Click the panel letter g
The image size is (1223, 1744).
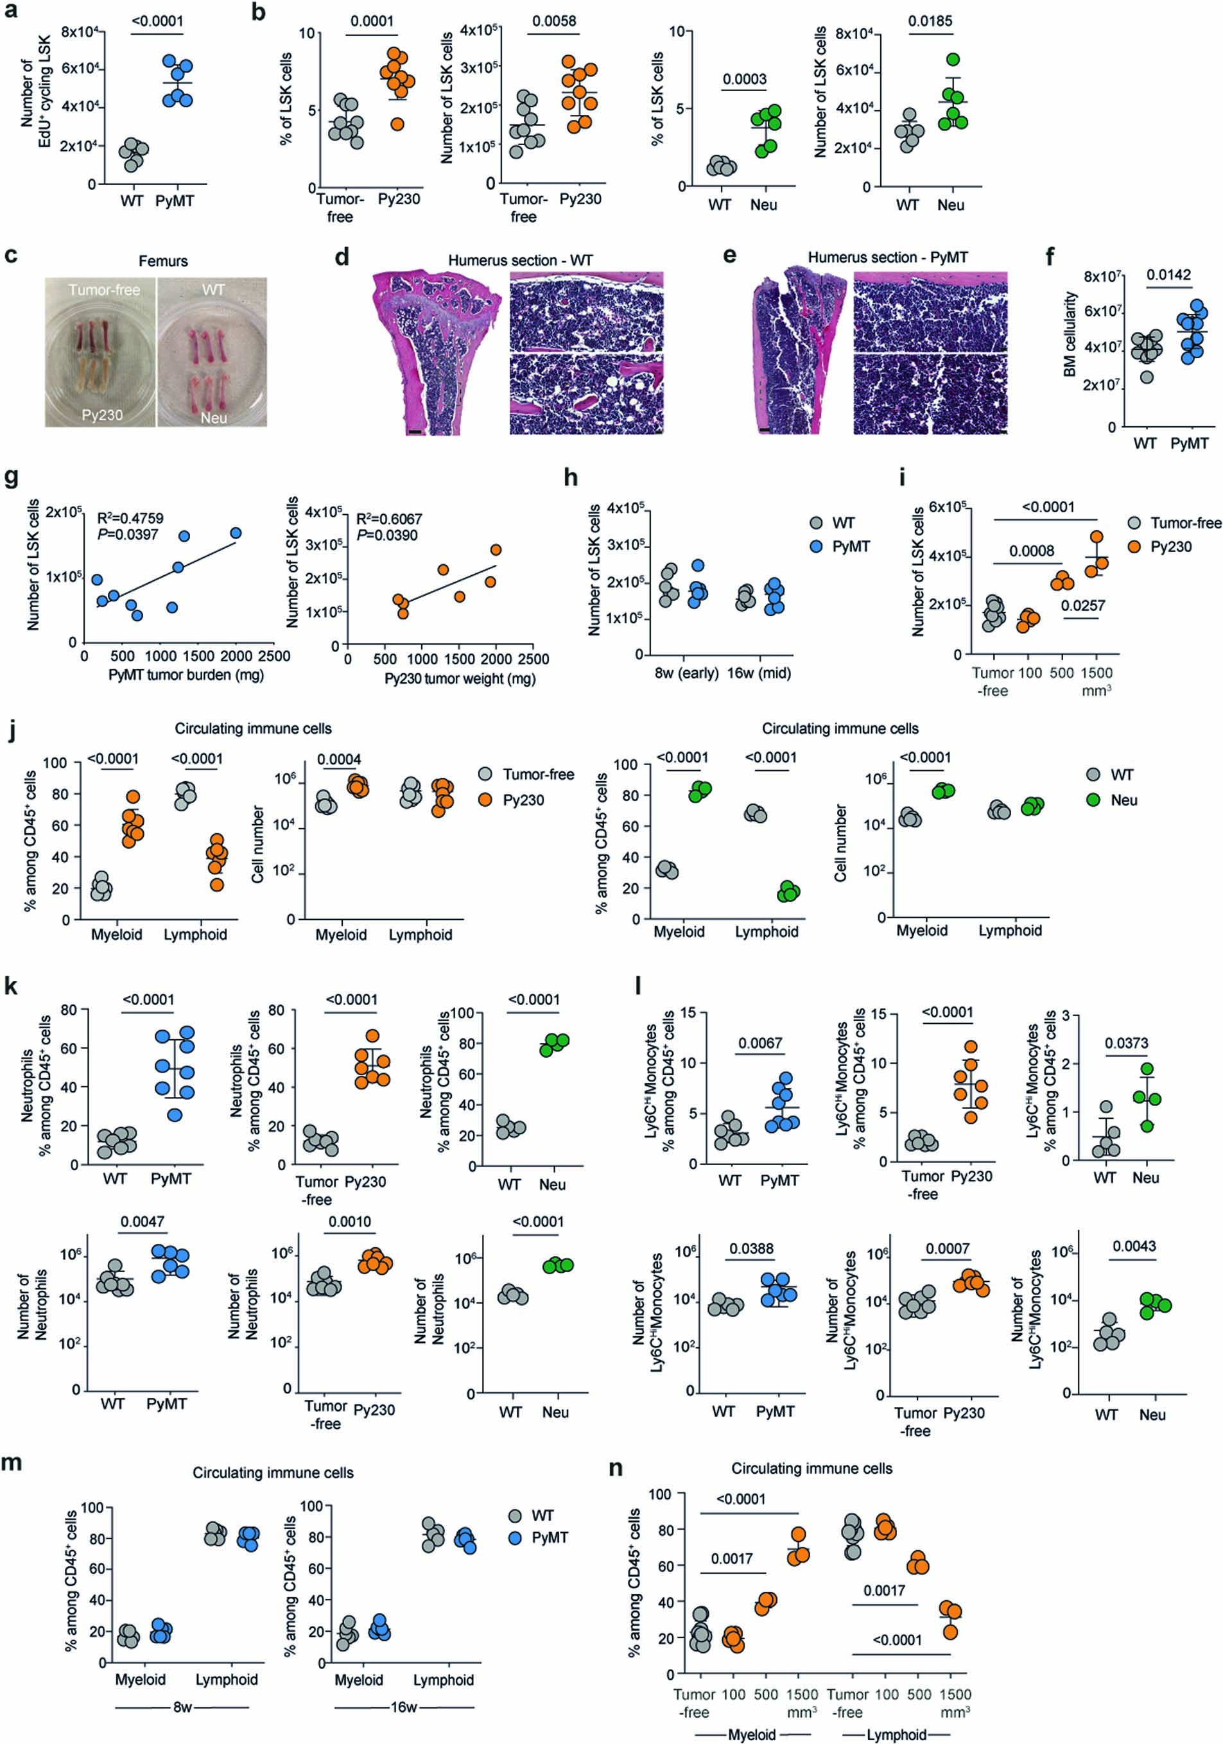point(12,479)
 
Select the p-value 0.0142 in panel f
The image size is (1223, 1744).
point(1168,275)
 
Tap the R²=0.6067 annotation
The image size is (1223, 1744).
point(389,519)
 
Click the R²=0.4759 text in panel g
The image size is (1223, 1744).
point(130,518)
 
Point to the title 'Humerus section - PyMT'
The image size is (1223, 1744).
point(887,257)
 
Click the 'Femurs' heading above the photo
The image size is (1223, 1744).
point(162,261)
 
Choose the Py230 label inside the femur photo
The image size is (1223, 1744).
point(102,415)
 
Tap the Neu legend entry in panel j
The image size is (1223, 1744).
point(1123,800)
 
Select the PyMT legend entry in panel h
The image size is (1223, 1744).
point(851,546)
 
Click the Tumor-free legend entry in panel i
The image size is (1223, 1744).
point(1186,522)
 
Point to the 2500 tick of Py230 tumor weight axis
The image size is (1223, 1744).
point(533,659)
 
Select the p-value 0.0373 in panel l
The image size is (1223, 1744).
point(1127,1043)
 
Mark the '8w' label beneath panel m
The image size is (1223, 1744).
point(182,1707)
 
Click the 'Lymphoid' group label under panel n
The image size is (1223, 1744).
point(896,1734)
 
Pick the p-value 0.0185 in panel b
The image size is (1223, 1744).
point(930,21)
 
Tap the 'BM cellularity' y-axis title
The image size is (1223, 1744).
point(1070,334)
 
